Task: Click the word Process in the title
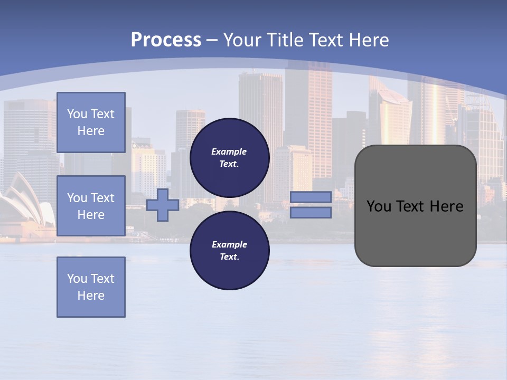[x=166, y=40]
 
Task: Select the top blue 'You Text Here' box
[x=91, y=122]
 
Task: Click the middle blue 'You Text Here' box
[x=91, y=206]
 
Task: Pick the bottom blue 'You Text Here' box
[x=91, y=287]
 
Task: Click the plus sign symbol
[x=163, y=205]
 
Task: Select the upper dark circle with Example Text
[x=229, y=157]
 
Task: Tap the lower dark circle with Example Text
[x=229, y=250]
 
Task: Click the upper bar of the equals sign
[x=311, y=197]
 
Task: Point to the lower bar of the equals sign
[x=311, y=213]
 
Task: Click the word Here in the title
[x=369, y=40]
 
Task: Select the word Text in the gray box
[x=409, y=206]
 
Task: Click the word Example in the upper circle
[x=229, y=151]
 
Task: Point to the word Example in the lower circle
[x=229, y=244]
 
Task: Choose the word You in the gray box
[x=379, y=206]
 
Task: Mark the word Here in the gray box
[x=446, y=206]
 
